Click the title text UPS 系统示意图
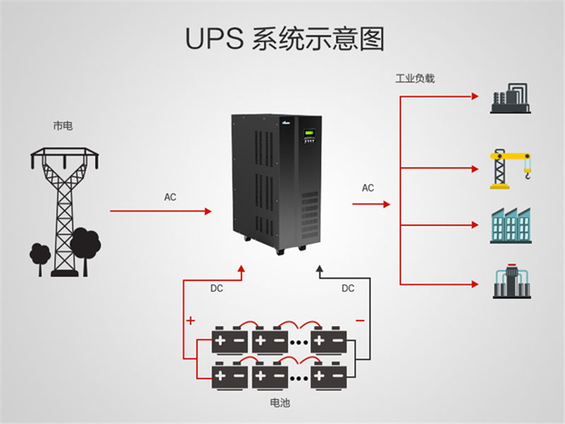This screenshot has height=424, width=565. (x=285, y=39)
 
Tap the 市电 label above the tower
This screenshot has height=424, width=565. (x=63, y=126)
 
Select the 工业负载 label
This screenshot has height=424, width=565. (x=415, y=78)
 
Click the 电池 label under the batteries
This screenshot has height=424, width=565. (x=280, y=403)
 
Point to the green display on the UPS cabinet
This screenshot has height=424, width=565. (x=309, y=133)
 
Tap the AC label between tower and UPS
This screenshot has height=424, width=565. (x=170, y=197)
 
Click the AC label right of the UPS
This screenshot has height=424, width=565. (x=368, y=188)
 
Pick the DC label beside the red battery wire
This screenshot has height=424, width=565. (x=217, y=288)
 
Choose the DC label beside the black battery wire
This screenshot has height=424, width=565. (x=347, y=288)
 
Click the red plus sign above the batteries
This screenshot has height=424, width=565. (x=191, y=320)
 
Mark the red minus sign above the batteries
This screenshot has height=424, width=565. (x=360, y=321)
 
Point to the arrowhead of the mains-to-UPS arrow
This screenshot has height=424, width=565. (x=208, y=211)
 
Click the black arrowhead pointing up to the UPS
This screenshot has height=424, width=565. (x=319, y=269)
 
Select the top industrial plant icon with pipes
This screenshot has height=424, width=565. (x=510, y=98)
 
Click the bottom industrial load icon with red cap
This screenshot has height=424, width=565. (x=511, y=281)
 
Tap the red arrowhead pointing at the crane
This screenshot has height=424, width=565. (x=475, y=169)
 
